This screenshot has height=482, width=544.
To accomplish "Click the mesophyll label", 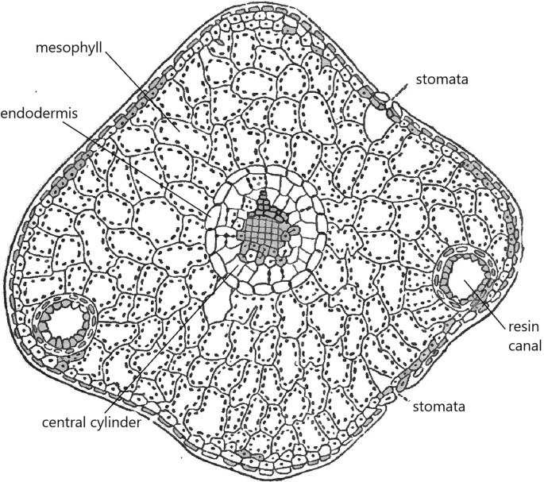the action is point(69,48).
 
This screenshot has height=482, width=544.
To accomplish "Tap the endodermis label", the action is point(39,113).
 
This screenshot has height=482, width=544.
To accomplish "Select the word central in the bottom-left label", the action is point(64,422).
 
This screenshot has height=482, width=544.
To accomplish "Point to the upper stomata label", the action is point(442,79).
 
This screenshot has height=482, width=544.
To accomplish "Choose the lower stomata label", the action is point(438,407).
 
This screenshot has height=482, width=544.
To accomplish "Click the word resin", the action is point(524,327).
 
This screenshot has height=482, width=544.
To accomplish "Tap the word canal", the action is point(525,345).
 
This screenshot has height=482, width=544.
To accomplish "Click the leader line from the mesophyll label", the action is point(141,91).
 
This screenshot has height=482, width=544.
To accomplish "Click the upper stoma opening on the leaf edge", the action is point(388,100).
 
